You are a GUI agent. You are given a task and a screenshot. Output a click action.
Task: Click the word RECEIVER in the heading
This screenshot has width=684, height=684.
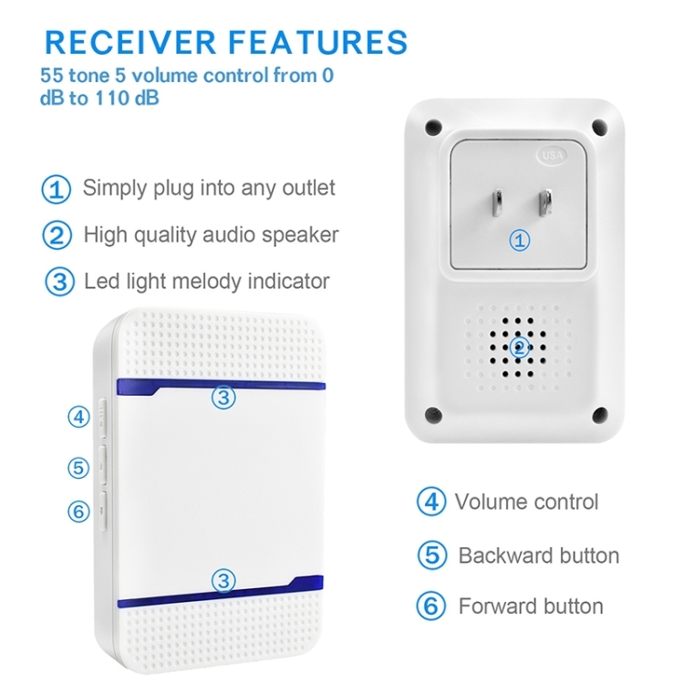click(130, 42)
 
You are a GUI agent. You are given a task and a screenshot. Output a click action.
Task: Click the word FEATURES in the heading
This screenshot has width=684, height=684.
click(318, 42)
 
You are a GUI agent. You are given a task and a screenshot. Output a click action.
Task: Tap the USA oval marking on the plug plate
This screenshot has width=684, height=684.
click(553, 155)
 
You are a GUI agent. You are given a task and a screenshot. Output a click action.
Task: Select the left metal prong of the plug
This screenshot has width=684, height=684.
click(497, 203)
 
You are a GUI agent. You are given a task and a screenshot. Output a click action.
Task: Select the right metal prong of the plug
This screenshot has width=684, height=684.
click(544, 202)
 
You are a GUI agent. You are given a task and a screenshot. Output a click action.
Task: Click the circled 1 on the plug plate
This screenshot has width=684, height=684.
click(520, 241)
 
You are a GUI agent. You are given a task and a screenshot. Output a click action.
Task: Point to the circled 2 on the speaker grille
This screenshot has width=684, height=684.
click(519, 347)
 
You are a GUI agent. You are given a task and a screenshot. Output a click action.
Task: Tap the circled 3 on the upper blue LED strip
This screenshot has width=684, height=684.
click(223, 398)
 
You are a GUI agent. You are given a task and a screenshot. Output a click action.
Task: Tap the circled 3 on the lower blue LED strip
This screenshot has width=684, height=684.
click(223, 581)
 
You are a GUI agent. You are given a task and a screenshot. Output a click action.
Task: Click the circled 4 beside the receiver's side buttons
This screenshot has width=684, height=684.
click(79, 417)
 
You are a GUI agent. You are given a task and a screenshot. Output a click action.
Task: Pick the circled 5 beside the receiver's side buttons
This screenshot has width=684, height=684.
click(78, 468)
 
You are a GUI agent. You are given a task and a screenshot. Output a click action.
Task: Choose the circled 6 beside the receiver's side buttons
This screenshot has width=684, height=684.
click(79, 512)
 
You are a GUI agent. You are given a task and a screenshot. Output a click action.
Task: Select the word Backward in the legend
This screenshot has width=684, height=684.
click(505, 555)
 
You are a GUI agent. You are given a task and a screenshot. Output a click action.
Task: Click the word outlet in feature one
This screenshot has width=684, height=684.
click(309, 188)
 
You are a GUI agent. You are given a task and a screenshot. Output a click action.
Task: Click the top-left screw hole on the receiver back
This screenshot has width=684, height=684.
click(433, 127)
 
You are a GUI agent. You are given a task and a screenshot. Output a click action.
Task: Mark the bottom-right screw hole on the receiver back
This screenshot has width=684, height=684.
click(600, 415)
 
